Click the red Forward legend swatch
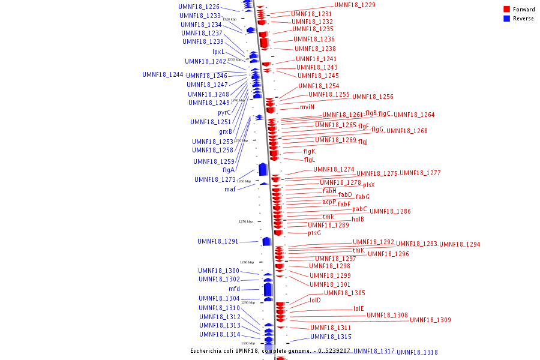point(507,10)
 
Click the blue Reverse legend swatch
point(507,19)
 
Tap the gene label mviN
point(307,107)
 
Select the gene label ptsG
point(314,233)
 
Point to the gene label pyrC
point(224,112)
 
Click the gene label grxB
point(226,131)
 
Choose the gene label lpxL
point(218,52)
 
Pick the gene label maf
point(230,189)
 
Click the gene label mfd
point(234,289)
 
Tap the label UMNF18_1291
point(218,241)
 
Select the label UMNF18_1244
point(163,74)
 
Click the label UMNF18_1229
point(355,5)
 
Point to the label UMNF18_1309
point(430,320)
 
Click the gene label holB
point(358,219)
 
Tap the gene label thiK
point(358,250)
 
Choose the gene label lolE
point(359,308)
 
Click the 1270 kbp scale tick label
point(245,221)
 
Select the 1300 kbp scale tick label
point(248,343)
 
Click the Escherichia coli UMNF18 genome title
point(271,350)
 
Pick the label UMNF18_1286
point(390,211)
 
